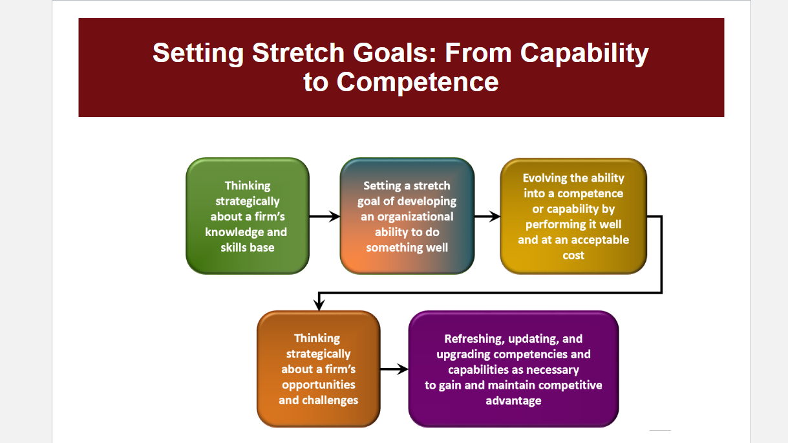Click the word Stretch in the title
click(298, 53)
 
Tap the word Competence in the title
click(418, 82)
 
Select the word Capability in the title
click(584, 54)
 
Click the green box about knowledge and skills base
click(248, 216)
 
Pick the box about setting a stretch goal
click(407, 216)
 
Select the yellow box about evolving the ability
click(573, 216)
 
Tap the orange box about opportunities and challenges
click(318, 369)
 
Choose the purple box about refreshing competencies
click(514, 369)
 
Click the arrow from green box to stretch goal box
click(325, 216)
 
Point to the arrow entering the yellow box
click(487, 216)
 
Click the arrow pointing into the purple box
click(394, 369)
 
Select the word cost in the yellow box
click(573, 255)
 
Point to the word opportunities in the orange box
click(318, 385)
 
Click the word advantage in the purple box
click(514, 401)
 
